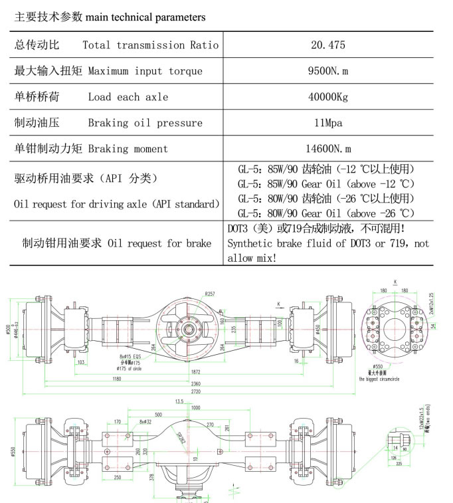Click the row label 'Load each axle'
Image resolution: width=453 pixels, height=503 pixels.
(128, 97)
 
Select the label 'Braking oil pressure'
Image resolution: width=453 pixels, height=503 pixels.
(145, 123)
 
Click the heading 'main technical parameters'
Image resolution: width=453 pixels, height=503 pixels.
(145, 17)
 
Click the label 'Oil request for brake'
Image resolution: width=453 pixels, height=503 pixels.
(159, 243)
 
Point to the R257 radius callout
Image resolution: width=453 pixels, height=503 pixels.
(211, 294)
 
